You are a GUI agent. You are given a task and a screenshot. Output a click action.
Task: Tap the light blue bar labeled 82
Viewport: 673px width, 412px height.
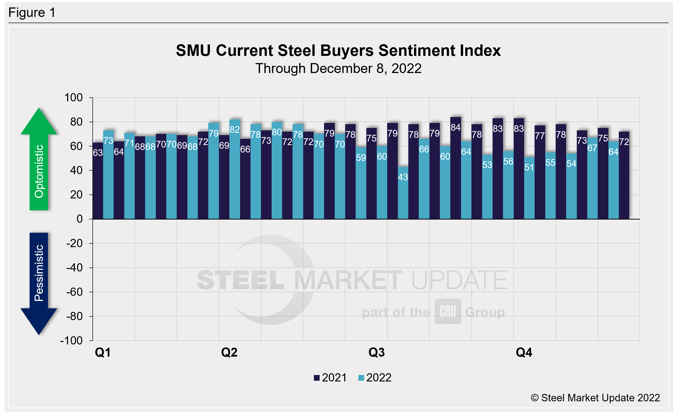[x=235, y=169]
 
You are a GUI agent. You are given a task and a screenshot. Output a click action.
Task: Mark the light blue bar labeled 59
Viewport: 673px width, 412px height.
[x=361, y=183]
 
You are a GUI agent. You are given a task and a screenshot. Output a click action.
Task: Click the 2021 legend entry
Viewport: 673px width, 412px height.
[x=330, y=378]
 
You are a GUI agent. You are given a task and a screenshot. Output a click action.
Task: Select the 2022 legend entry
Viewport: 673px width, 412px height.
[x=375, y=378]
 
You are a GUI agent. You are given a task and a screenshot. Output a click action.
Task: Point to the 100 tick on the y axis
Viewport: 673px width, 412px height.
[x=74, y=97]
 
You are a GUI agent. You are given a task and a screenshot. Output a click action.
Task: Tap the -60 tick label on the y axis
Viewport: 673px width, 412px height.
[x=74, y=292]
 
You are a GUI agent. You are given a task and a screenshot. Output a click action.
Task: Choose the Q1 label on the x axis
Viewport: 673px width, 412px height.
[x=103, y=352]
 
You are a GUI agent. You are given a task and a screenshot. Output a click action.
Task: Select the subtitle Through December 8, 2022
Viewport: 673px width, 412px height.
[x=338, y=69]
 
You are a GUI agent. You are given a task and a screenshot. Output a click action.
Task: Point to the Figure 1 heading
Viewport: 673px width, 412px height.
[x=32, y=13]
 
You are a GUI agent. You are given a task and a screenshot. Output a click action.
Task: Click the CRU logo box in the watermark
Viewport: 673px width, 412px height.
[x=448, y=311]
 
